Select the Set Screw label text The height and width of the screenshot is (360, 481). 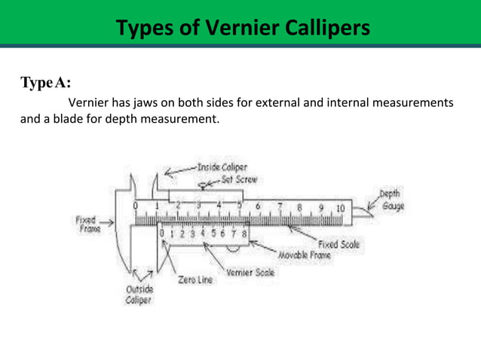(x=240, y=180)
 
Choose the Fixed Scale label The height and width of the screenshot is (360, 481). (x=339, y=244)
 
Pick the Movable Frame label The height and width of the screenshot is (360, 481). (x=310, y=256)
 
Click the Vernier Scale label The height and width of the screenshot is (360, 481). (x=250, y=273)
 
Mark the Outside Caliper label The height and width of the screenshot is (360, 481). (x=137, y=294)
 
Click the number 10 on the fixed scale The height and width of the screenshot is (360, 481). (x=341, y=208)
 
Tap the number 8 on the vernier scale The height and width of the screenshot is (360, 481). (x=244, y=234)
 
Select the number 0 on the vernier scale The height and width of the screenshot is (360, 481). (x=161, y=234)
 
